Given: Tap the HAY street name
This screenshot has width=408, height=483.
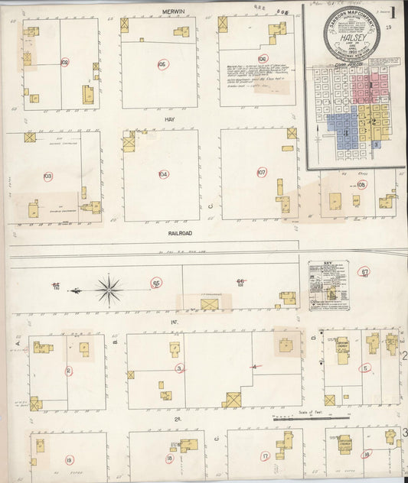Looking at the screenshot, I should coord(170,120).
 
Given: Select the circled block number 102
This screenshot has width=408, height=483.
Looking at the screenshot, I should coord(64,62).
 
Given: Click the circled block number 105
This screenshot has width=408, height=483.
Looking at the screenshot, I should coord(162,64).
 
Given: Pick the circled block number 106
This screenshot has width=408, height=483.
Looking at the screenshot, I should coord(263,58).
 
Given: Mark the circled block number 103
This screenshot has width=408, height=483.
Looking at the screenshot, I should coord(48,177).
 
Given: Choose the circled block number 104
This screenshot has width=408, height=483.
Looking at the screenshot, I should coord(163,174).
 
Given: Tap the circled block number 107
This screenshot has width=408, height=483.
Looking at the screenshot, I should coord(261,173).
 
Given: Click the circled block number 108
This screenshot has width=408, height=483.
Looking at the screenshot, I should coord(361,184).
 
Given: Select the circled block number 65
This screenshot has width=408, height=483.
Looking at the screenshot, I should coord(156,283).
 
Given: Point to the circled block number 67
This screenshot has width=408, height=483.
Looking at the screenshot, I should coord(365,271).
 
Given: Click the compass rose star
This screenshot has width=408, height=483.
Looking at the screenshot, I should coord(109,290).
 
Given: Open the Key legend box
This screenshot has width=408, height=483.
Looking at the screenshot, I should coord(328,284).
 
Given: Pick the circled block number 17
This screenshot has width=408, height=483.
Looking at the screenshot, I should coord(265,456).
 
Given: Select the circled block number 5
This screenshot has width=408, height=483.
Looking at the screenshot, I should coord(366,368).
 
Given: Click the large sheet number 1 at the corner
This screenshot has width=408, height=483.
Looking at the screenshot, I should coord(392,14).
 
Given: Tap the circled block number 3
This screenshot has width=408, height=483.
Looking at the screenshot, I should coord(180,368).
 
